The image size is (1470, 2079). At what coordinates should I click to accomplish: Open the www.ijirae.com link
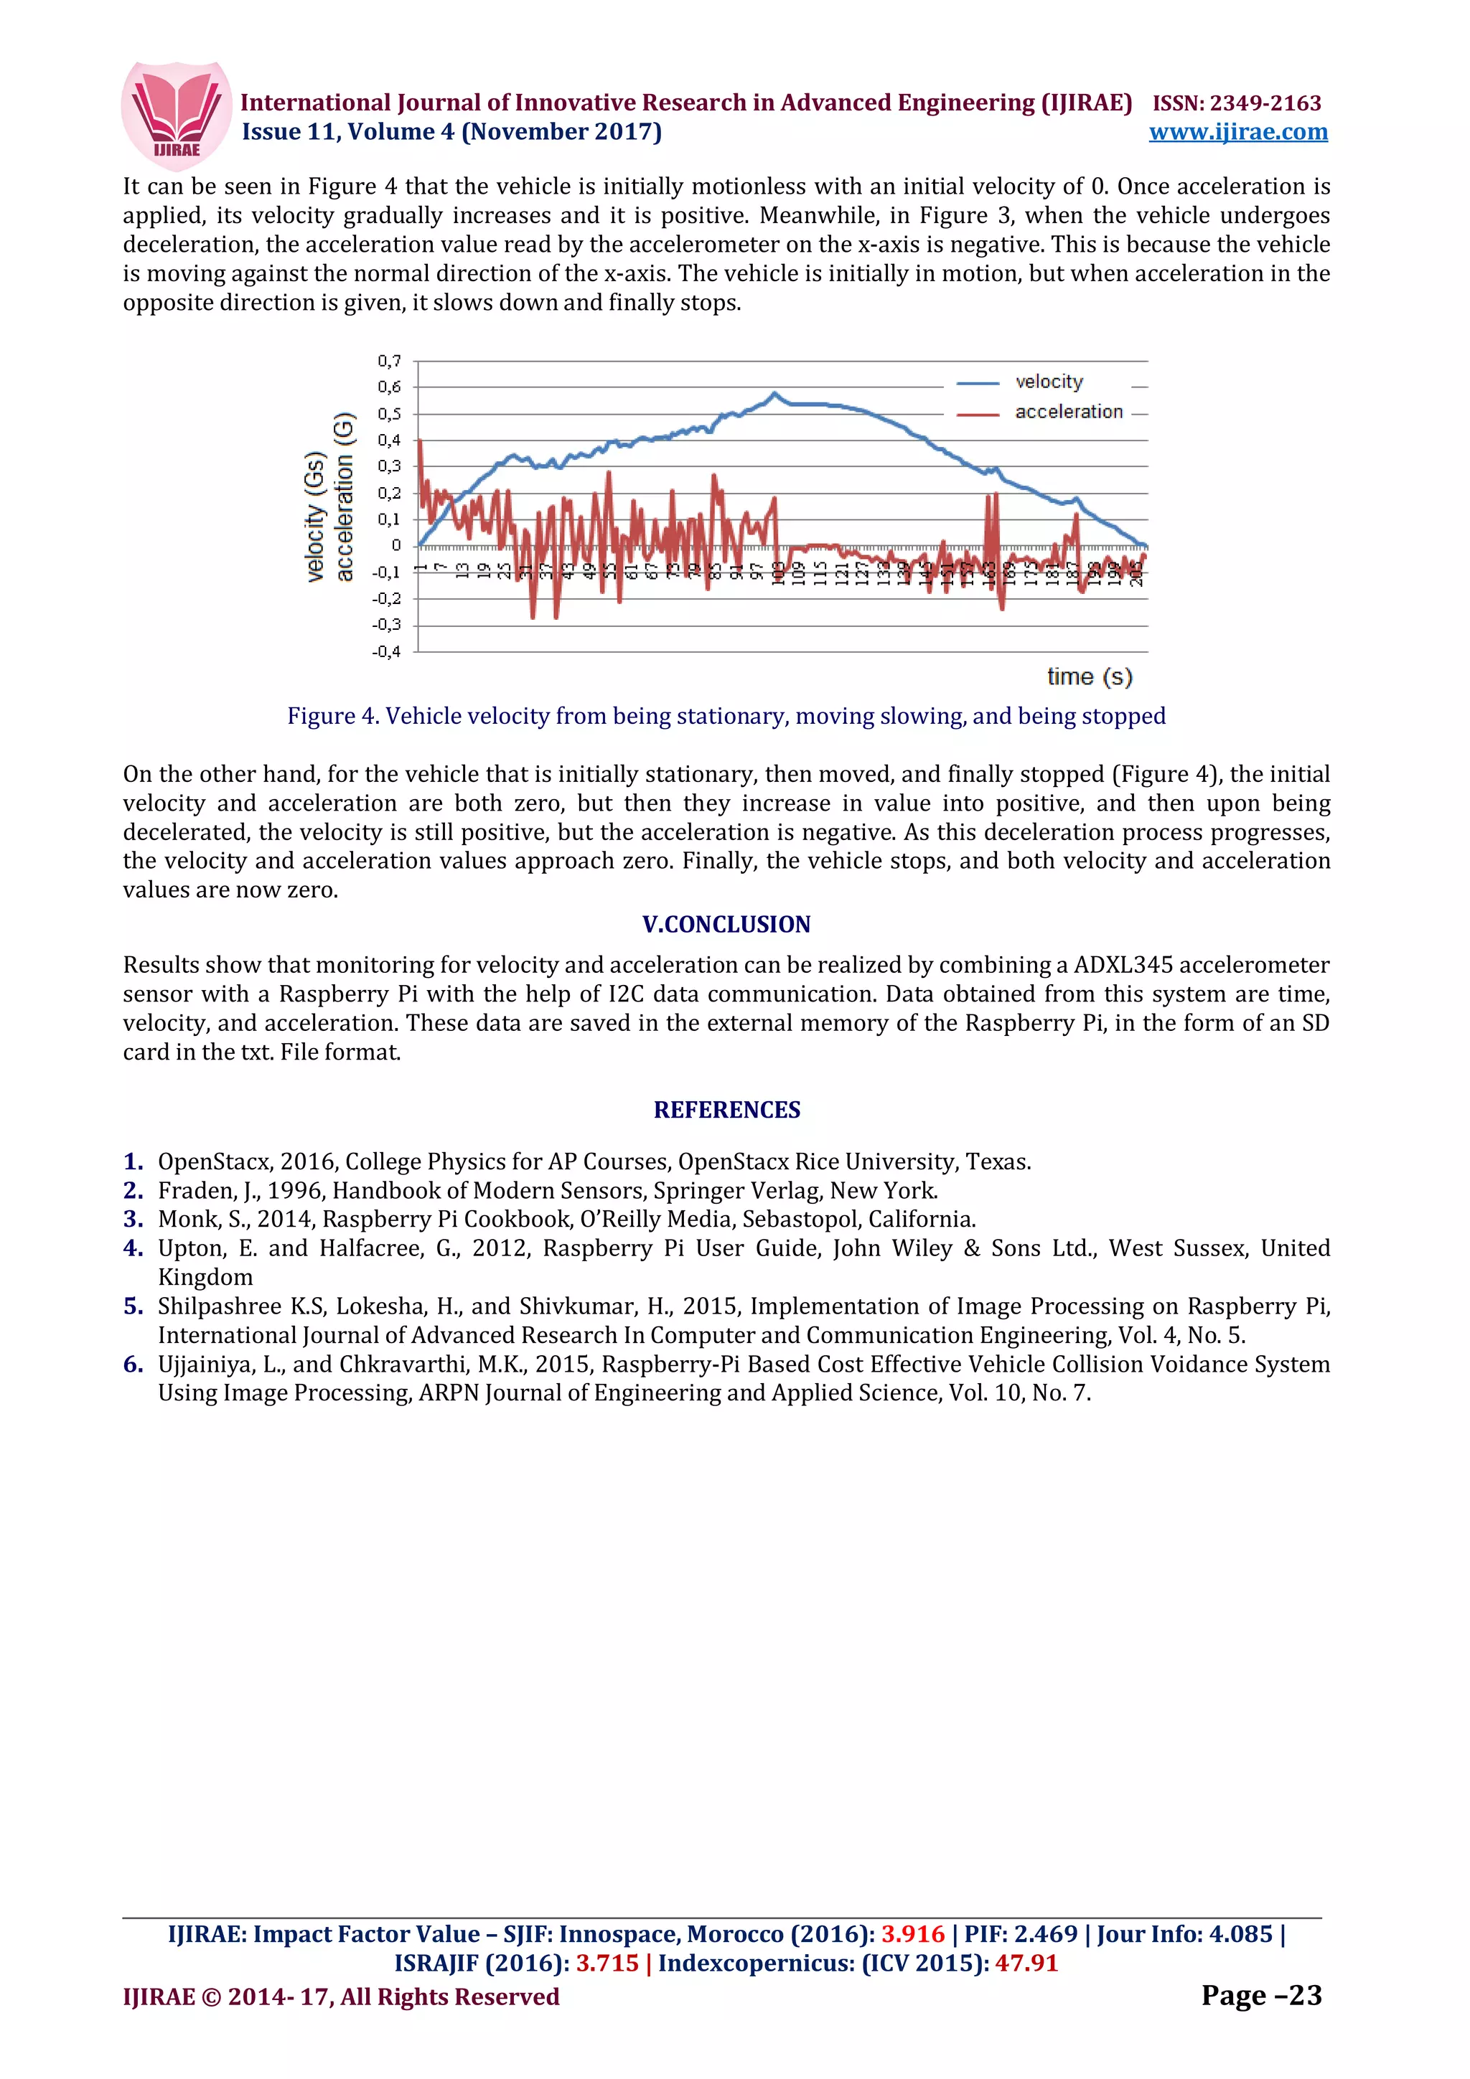1237,132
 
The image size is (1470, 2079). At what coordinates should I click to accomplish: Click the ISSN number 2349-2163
1265,103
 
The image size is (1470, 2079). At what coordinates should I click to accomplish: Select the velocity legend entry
1048,382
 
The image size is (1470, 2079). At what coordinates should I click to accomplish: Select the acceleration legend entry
1068,412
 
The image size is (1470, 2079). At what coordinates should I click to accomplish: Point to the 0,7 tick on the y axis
390,362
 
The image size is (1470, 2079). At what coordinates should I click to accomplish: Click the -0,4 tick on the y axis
387,652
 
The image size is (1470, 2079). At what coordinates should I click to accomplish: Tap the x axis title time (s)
1089,676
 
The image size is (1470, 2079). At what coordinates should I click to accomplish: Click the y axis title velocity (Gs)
315,515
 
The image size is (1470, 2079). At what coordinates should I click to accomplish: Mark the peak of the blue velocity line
774,394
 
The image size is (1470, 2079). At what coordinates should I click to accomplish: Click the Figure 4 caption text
726,716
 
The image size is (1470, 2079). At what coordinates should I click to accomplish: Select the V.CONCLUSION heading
726,925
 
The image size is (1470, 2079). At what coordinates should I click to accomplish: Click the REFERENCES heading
726,1110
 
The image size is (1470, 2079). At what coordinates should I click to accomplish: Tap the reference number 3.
133,1220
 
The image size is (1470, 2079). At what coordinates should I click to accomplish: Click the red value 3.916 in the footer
912,1934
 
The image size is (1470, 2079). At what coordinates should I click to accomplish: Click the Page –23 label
1261,1996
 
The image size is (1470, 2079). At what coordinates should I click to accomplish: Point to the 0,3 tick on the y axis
390,466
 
